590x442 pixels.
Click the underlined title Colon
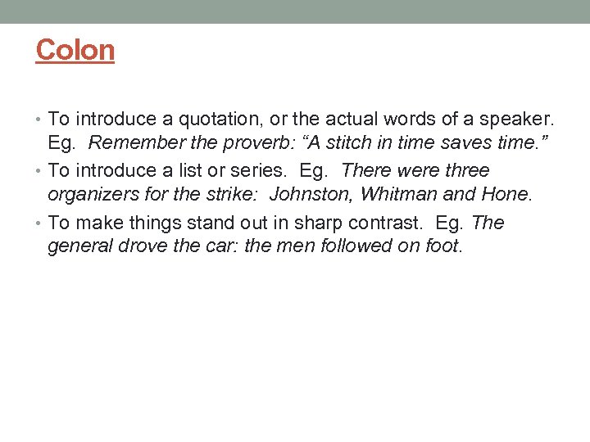click(x=75, y=50)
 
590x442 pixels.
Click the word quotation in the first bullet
click(x=206, y=119)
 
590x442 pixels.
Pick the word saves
click(x=462, y=144)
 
